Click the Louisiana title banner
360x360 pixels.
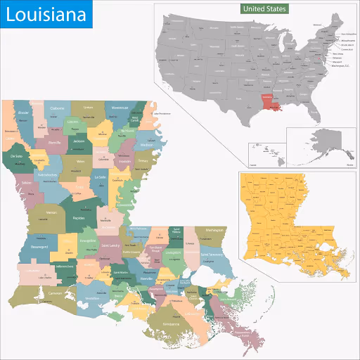[46, 15]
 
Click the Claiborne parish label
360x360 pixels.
[57, 108]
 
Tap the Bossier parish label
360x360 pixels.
[23, 112]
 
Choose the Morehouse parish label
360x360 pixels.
[120, 108]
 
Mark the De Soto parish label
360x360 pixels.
[17, 155]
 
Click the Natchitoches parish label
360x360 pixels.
[47, 174]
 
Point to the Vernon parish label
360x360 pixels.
[51, 212]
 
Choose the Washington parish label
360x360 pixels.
[214, 230]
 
